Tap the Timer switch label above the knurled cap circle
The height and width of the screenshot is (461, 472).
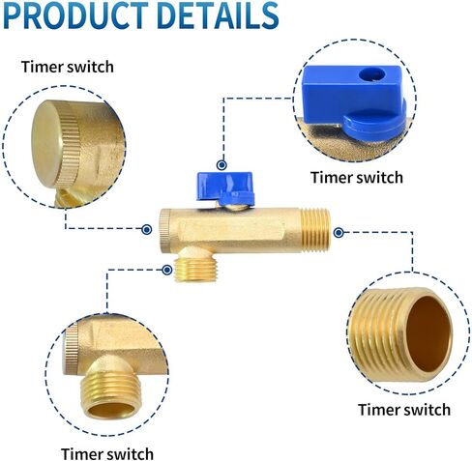point(68,67)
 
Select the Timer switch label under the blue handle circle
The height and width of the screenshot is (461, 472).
point(357,178)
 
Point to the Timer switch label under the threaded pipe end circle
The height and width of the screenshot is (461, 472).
point(404,410)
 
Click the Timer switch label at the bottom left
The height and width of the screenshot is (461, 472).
point(107,454)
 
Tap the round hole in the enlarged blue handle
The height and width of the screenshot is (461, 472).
point(372,75)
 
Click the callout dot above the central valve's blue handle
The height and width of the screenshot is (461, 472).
point(221,165)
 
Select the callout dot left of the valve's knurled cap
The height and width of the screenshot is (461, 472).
point(147,230)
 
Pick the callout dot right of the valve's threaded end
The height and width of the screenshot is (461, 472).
point(339,233)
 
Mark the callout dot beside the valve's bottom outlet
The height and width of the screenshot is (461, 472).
point(167,270)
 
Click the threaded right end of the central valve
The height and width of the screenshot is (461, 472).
point(315,233)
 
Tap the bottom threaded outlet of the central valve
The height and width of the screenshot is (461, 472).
point(195,270)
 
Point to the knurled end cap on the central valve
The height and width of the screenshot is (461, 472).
point(165,229)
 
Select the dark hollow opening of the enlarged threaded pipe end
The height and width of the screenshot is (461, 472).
point(428,333)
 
